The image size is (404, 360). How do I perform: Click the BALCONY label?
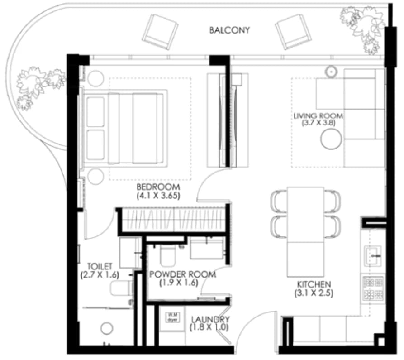(229, 30)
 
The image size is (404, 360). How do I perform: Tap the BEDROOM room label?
(158, 187)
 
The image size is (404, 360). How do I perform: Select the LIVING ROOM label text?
(318, 116)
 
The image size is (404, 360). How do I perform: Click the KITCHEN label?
(314, 284)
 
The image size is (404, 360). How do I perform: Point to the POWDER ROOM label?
(183, 274)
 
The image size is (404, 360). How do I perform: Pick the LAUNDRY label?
(210, 320)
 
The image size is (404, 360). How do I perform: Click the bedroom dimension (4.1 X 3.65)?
(158, 196)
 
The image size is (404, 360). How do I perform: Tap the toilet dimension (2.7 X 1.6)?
(100, 275)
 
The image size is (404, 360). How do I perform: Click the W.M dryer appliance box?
(172, 317)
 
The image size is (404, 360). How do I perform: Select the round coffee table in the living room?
(331, 139)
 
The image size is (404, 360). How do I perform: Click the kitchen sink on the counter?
(373, 256)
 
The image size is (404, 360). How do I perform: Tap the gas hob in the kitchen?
(373, 288)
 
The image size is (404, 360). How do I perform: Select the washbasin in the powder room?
(207, 249)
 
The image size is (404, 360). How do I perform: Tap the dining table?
(305, 231)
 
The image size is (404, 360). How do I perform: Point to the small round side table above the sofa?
(331, 71)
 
